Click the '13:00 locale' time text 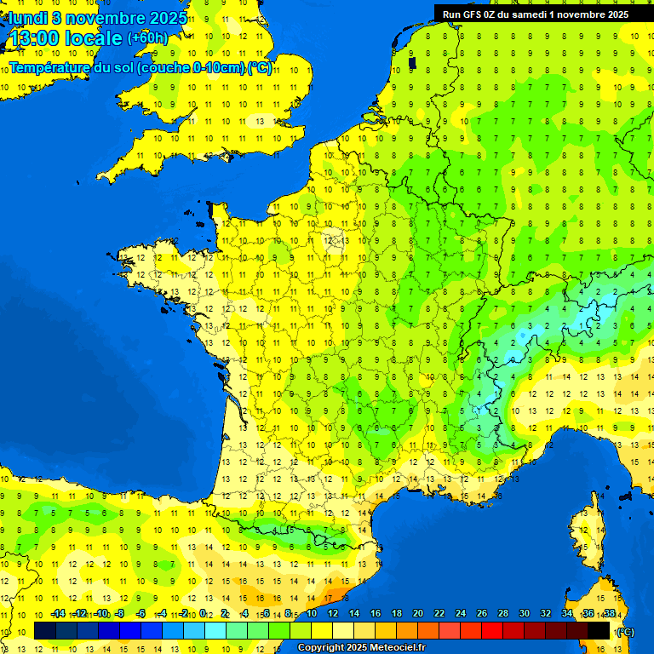pos(66,38)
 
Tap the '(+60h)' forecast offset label pos(147,37)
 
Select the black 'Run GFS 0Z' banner pos(536,14)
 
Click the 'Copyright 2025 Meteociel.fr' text pos(361,647)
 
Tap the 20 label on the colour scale pos(418,614)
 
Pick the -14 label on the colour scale pos(58,614)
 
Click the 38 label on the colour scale pos(609,614)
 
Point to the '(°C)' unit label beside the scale pos(626,632)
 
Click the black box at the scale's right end pos(599,630)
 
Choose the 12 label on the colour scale pos(333,614)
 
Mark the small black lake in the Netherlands pos(412,62)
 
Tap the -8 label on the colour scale pos(121,614)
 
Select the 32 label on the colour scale pos(546,614)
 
